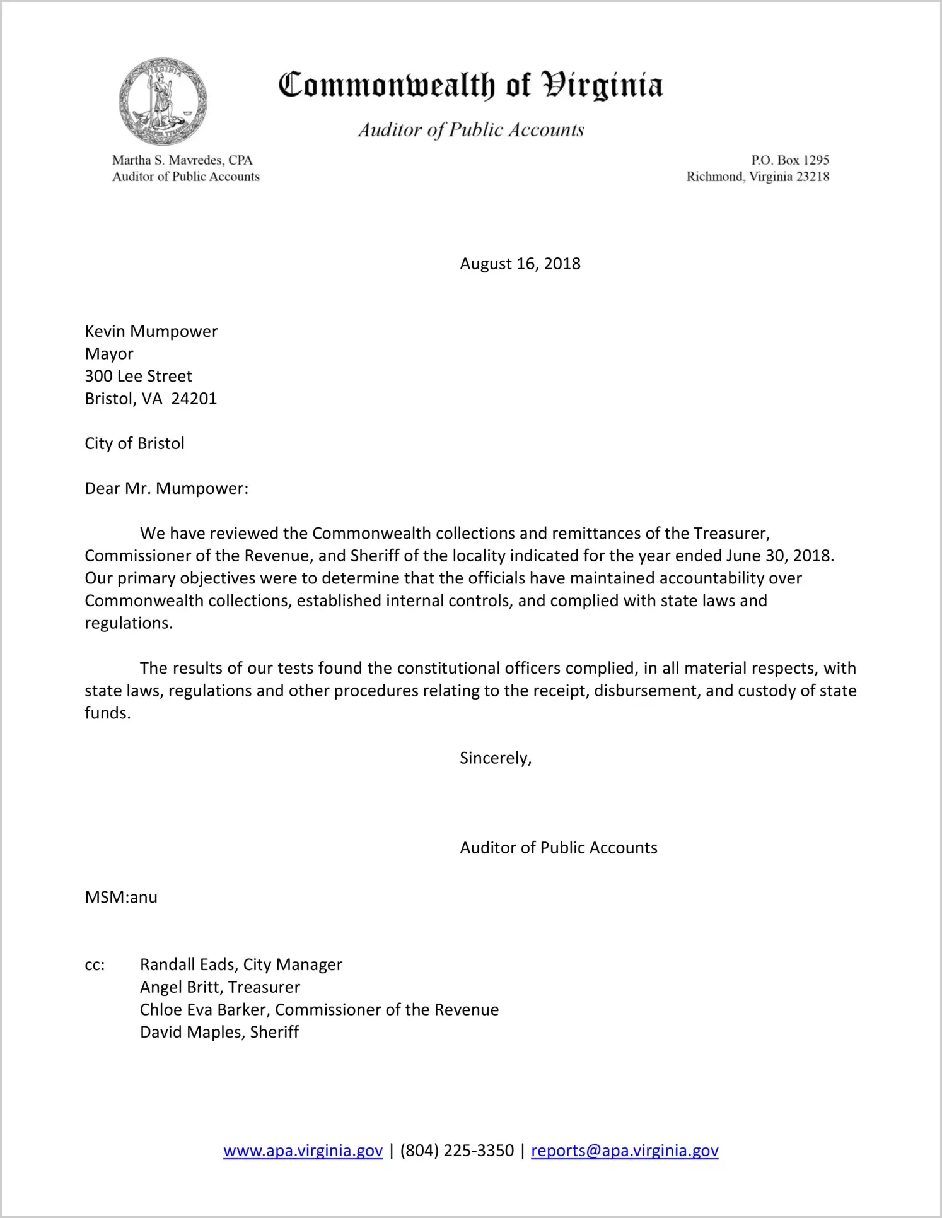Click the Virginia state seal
tap(163, 102)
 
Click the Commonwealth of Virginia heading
tap(470, 85)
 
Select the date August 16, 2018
tap(520, 264)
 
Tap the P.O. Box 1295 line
tap(789, 160)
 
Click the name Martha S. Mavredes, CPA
tap(182, 160)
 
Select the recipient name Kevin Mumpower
tap(151, 331)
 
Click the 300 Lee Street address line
tap(138, 376)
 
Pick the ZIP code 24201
tap(194, 399)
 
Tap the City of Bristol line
tap(134, 443)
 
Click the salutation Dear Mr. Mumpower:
tap(166, 488)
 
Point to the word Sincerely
tap(495, 758)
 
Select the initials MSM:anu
tap(121, 897)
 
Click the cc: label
tap(95, 964)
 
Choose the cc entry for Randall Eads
tap(241, 964)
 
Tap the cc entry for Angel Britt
tap(219, 987)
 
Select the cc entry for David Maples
tap(219, 1032)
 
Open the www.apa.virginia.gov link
tap(303, 1151)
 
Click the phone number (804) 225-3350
tap(456, 1151)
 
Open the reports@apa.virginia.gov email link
tap(624, 1151)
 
